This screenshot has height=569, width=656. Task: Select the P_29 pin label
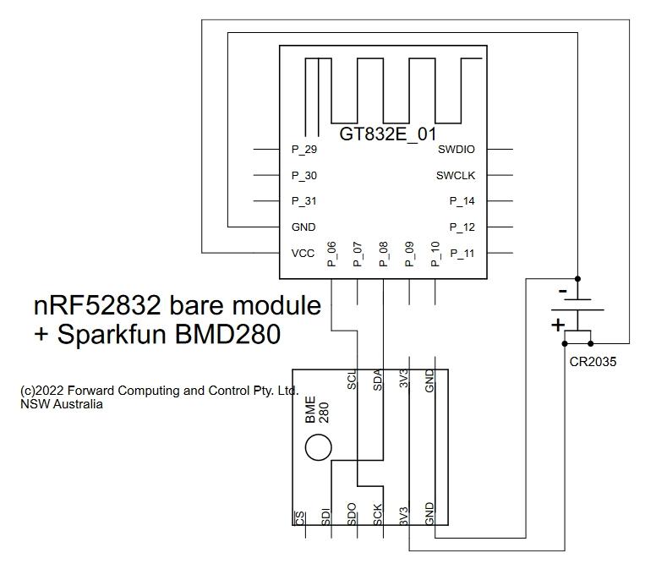(x=304, y=150)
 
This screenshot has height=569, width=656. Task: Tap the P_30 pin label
(x=304, y=176)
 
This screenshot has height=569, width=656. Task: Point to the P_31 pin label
(x=304, y=201)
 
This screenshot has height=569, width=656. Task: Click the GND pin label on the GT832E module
(x=303, y=227)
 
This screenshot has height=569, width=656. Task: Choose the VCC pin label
(x=303, y=253)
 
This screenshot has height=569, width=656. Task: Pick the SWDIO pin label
(x=456, y=150)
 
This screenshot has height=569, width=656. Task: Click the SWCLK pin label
(x=456, y=176)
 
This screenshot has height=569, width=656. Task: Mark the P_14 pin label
(x=462, y=201)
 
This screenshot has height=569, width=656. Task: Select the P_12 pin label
(x=462, y=227)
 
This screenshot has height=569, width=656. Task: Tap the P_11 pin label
(x=462, y=253)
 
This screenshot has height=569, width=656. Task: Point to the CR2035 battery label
(x=593, y=362)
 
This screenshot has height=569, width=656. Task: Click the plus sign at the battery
(x=558, y=325)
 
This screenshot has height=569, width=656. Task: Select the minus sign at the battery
(x=562, y=292)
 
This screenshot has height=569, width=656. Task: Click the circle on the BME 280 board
(x=319, y=447)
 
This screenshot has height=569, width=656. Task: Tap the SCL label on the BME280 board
(x=353, y=380)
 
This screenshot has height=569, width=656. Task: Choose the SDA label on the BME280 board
(x=378, y=380)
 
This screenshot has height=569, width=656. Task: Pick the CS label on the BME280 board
(x=300, y=517)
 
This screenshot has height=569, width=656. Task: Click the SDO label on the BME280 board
(x=352, y=515)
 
